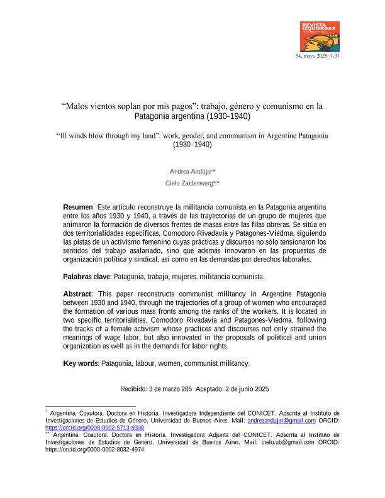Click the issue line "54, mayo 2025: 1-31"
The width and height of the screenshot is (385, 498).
coord(318,56)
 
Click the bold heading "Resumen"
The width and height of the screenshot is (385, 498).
coord(78,207)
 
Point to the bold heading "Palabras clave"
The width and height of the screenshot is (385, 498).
coord(87,276)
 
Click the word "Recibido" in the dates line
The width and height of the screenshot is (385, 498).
coord(135,389)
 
